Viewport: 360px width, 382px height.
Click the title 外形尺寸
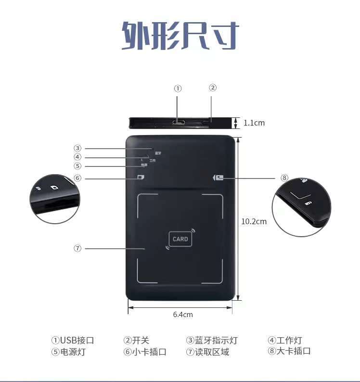180,35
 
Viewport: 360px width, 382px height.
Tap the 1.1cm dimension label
254,123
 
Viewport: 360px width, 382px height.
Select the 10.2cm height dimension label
254,221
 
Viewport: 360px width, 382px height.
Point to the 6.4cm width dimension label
183,314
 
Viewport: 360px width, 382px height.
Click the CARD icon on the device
180,239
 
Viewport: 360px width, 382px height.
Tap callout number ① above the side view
178,89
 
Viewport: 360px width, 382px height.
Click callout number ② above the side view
213,88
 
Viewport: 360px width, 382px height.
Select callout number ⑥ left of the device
77,178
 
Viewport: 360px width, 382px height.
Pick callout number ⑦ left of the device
77,248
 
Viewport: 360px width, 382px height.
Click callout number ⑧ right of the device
284,178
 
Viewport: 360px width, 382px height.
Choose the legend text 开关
141,341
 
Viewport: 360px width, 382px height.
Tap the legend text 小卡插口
149,352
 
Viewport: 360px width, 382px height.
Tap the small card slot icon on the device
141,177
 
